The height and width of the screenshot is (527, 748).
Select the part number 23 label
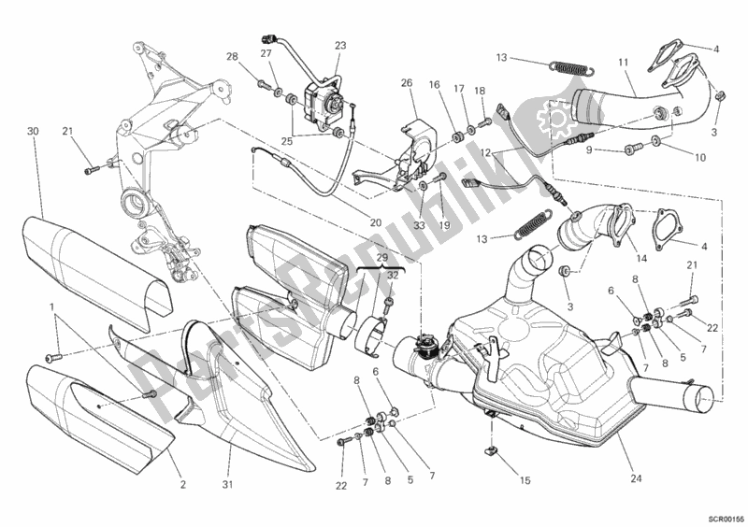[x=339, y=46]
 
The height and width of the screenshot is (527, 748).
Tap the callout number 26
[x=407, y=83]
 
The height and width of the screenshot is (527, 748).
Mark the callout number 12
[x=484, y=151]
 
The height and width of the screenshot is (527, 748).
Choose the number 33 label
[x=419, y=224]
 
